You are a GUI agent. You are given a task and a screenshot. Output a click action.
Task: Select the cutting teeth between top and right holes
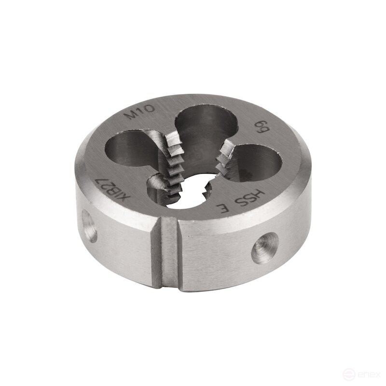click(223, 159)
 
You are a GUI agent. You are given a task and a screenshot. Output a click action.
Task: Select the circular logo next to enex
click(350, 373)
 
